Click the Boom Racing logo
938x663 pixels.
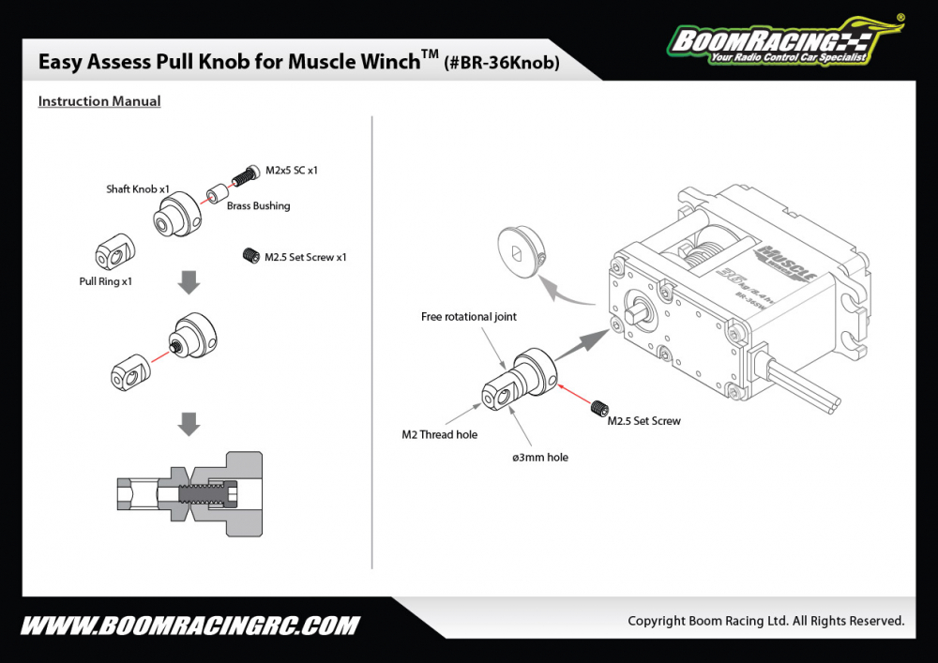click(x=779, y=40)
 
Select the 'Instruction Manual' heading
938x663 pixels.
click(x=99, y=101)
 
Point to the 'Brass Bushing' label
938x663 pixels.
click(x=258, y=205)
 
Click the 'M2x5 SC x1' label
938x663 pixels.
click(x=292, y=171)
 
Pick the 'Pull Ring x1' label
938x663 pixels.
click(x=106, y=280)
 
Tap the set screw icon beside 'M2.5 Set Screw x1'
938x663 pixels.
click(x=250, y=255)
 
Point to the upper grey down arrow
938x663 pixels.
click(x=189, y=282)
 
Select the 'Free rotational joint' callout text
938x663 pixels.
click(x=469, y=317)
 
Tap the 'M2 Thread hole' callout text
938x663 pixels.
click(x=439, y=434)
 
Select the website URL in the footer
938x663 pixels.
click(x=189, y=625)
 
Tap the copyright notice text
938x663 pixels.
click(x=765, y=621)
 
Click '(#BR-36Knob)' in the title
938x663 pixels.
click(x=502, y=64)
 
